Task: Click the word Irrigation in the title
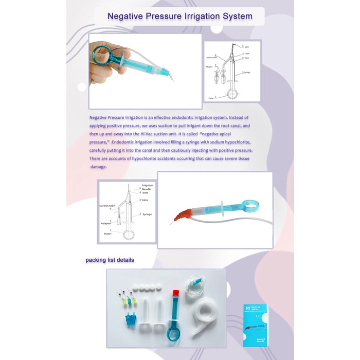coord(204,16)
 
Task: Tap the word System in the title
coord(238,16)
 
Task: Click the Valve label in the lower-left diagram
coord(146,200)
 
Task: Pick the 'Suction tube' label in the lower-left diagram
coord(107,205)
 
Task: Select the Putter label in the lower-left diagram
coord(107,233)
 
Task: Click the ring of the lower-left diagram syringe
coord(129,235)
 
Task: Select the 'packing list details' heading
coord(110,260)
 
